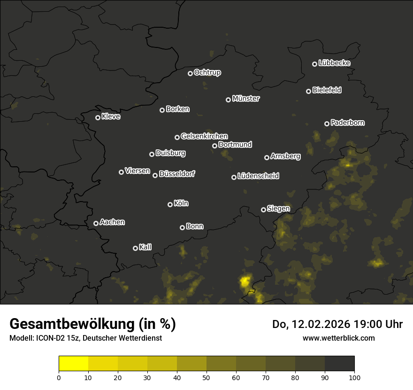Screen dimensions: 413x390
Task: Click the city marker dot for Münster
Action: [229, 100]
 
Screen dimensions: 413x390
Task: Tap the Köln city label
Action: [181, 203]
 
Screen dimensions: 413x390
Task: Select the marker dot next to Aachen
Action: [96, 223]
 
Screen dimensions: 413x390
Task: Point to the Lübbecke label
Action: [334, 63]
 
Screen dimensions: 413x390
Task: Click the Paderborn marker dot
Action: [327, 124]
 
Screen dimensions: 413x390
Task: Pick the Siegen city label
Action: [278, 209]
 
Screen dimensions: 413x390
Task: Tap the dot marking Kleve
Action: [98, 117]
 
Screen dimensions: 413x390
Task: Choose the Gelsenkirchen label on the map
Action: [204, 136]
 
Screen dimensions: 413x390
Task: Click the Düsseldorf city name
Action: [177, 174]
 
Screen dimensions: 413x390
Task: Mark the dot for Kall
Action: [136, 248]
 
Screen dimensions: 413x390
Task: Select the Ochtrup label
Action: [207, 72]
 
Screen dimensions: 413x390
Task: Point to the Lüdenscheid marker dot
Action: [234, 177]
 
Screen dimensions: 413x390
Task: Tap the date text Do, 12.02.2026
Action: [311, 324]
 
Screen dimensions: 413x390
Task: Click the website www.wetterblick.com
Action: [338, 338]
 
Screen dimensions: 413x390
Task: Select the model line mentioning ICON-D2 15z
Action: [85, 338]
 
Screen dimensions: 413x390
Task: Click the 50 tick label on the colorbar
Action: [206, 377]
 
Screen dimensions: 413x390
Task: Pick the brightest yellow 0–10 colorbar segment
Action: [74, 364]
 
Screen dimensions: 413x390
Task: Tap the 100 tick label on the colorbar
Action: [354, 377]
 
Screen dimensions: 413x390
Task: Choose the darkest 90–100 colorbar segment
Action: [339, 364]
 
